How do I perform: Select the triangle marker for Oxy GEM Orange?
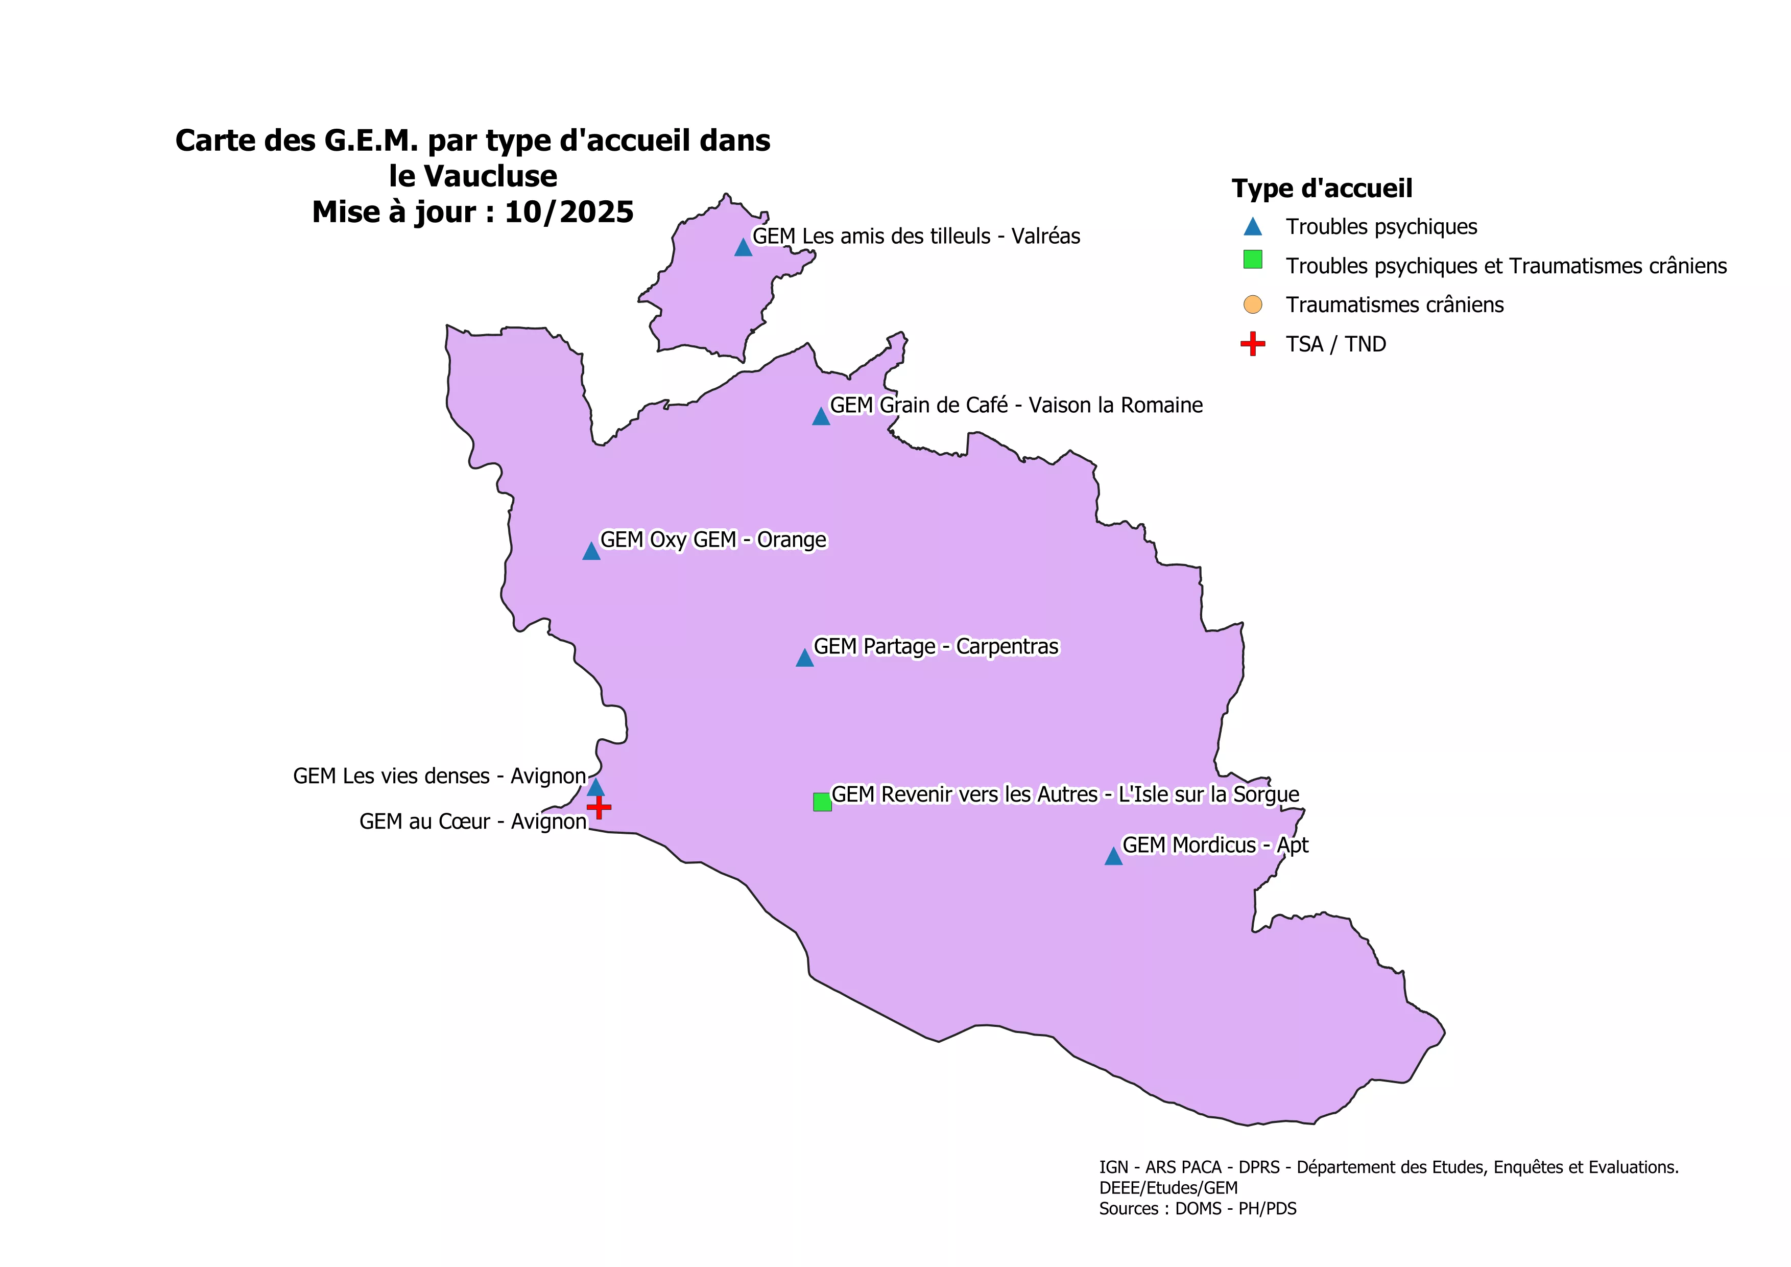[x=591, y=552]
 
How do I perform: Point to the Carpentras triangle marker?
[x=804, y=659]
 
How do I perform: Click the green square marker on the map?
[x=822, y=802]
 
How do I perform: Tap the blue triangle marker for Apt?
[x=1113, y=857]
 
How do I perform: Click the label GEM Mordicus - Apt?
[x=1214, y=845]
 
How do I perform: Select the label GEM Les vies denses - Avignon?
[x=439, y=776]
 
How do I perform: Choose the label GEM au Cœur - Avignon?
[x=473, y=822]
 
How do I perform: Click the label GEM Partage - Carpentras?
[x=936, y=647]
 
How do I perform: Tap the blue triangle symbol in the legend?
[x=1252, y=227]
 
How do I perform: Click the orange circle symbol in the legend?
[x=1252, y=304]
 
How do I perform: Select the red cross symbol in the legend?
[x=1252, y=344]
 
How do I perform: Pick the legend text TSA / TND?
[x=1335, y=344]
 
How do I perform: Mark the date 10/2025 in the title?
[x=569, y=212]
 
